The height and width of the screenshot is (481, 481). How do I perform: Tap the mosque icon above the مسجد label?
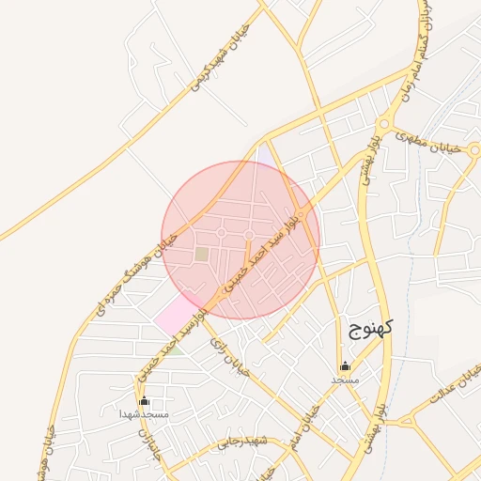[x=345, y=366]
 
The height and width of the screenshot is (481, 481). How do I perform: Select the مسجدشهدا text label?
[x=144, y=414]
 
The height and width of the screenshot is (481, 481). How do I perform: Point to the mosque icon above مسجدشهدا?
[x=144, y=401]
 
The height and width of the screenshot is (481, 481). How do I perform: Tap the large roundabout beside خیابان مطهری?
[x=383, y=124]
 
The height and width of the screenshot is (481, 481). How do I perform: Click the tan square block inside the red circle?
[x=202, y=254]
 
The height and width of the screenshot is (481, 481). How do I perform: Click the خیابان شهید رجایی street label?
[x=242, y=442]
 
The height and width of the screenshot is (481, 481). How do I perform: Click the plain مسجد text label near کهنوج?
[x=345, y=380]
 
